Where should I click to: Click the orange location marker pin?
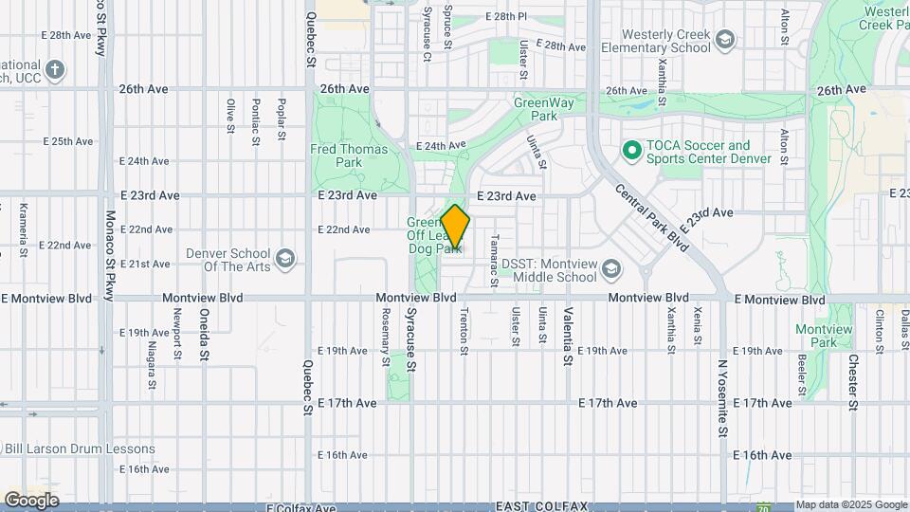pos(456,228)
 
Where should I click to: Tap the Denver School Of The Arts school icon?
pos(284,259)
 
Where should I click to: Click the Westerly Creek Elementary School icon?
pos(725,39)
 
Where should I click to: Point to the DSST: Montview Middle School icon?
pos(611,270)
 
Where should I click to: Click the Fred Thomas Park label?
pos(349,155)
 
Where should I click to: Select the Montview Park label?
pos(823,336)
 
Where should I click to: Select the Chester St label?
pos(853,382)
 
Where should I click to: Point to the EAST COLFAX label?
pos(540,506)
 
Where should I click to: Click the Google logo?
pos(31,500)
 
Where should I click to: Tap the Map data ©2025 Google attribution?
pos(851,505)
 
